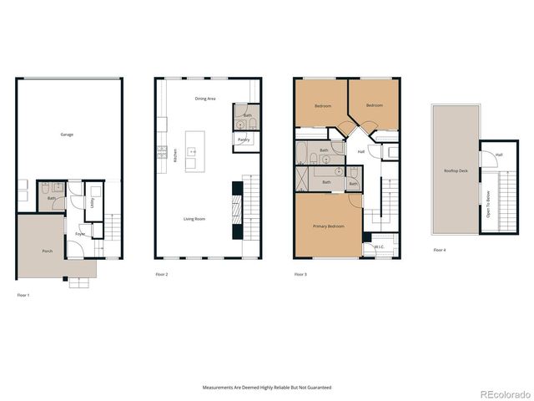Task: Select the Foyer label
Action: tap(80, 234)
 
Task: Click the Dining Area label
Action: tap(205, 99)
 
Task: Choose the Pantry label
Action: tap(244, 140)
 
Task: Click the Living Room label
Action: tap(194, 219)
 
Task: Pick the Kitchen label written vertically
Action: tap(175, 155)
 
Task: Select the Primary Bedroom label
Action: tap(329, 226)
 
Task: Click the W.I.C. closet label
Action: tap(379, 246)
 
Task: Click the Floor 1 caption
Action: tap(23, 295)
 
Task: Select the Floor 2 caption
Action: tap(161, 274)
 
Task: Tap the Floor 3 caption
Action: tap(300, 274)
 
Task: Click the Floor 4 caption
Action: tap(439, 250)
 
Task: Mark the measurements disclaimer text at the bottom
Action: tap(267, 388)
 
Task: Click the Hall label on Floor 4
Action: tap(499, 155)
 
